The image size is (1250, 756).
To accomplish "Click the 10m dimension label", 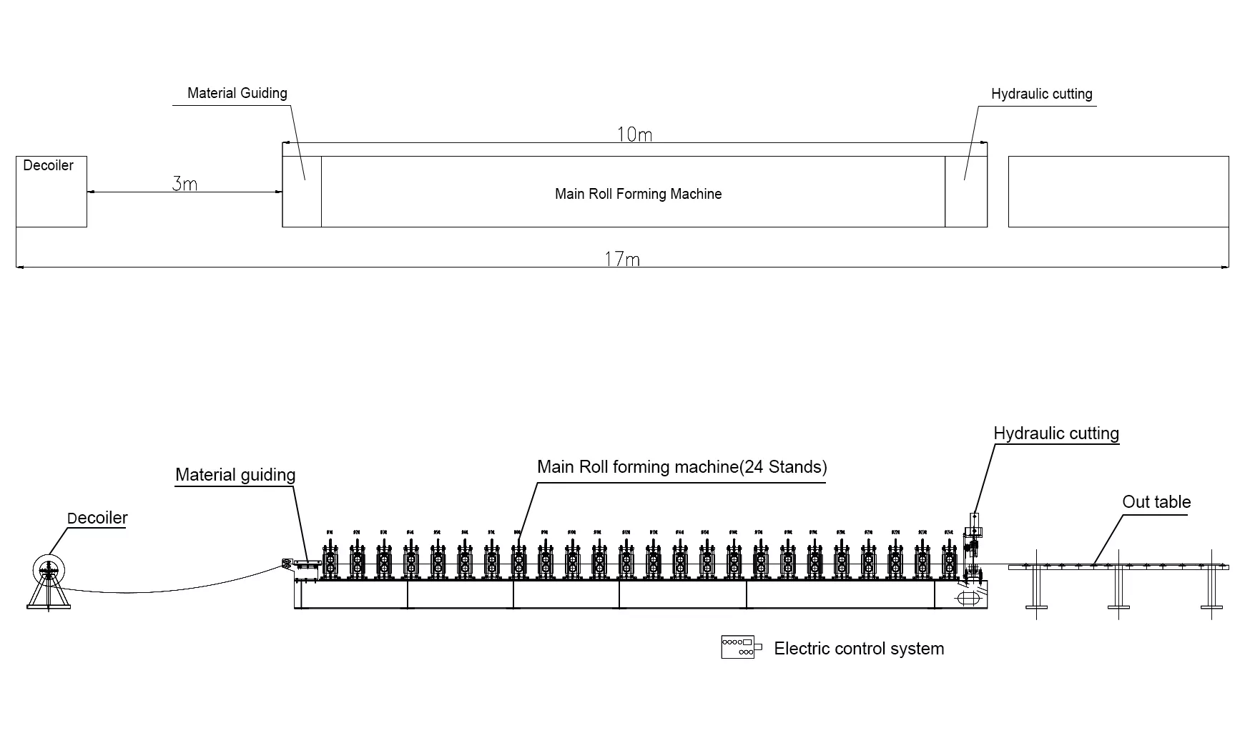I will pyautogui.click(x=634, y=134).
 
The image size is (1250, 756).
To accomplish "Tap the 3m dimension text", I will pyautogui.click(x=184, y=184).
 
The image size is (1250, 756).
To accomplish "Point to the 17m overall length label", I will pyautogui.click(x=622, y=259).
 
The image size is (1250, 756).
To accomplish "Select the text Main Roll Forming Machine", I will pyautogui.click(x=638, y=194).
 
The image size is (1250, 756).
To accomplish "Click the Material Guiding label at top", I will pyautogui.click(x=237, y=93).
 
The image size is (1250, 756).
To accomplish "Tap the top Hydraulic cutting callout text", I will pyautogui.click(x=1041, y=94).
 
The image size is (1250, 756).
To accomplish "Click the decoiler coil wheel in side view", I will pyautogui.click(x=48, y=569).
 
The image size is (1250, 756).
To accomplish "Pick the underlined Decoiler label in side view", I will pyautogui.click(x=97, y=518).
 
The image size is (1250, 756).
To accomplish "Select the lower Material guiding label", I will pyautogui.click(x=235, y=475).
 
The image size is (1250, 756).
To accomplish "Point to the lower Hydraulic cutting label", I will pyautogui.click(x=1055, y=433).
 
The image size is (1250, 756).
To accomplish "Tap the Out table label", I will pyautogui.click(x=1156, y=502).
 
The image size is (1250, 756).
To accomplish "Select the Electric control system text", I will pyautogui.click(x=859, y=649).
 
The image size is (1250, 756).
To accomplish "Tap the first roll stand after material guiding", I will pyautogui.click(x=330, y=562).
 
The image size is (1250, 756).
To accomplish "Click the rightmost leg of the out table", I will pyautogui.click(x=1211, y=589).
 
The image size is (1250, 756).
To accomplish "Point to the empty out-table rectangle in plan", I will pyautogui.click(x=1118, y=192).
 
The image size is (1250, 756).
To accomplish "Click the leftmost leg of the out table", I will pyautogui.click(x=1036, y=589).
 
